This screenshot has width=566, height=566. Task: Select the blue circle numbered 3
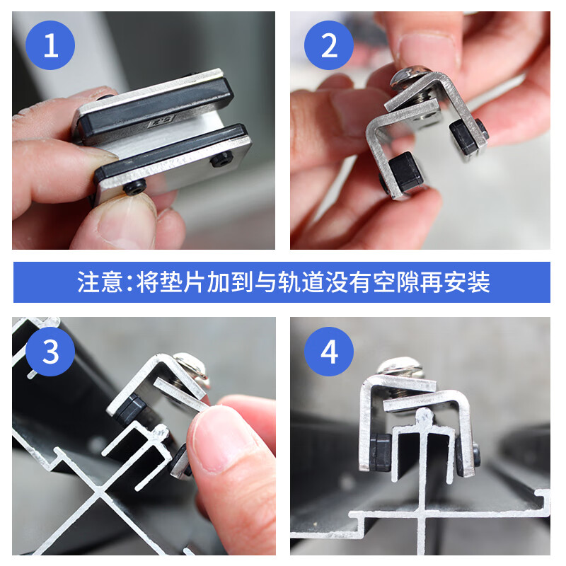tap(50, 351)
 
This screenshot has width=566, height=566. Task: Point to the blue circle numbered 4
tap(329, 351)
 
